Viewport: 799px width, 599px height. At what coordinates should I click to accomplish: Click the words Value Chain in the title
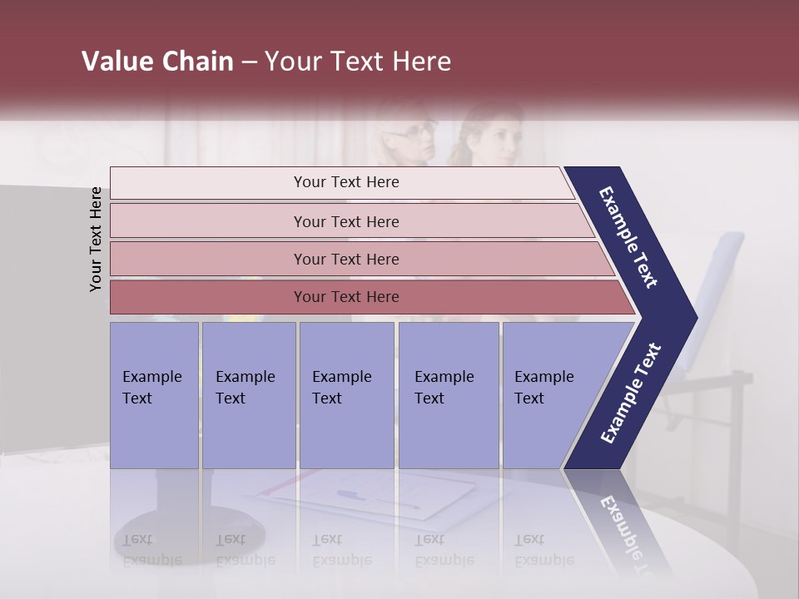[x=157, y=62]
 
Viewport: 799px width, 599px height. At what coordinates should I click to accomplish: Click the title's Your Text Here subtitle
[x=358, y=62]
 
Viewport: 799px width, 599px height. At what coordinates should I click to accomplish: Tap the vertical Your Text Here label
[x=96, y=240]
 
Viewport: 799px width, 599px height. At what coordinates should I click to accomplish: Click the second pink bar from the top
[x=345, y=221]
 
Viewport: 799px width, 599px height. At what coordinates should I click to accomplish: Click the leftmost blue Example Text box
[x=154, y=395]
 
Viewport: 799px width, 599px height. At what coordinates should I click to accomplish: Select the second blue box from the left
[x=249, y=395]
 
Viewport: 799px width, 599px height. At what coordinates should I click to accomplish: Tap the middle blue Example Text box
[x=346, y=395]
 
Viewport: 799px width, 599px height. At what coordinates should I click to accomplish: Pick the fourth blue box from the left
[x=449, y=395]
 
